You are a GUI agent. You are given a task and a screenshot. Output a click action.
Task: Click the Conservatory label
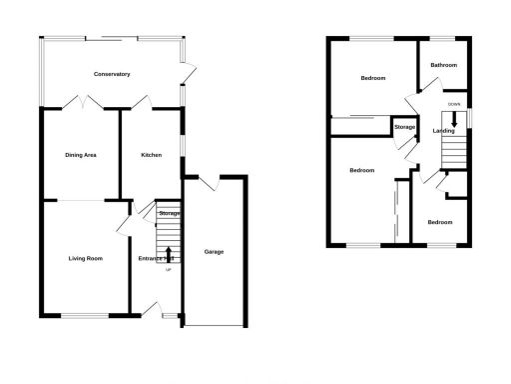pos(112,74)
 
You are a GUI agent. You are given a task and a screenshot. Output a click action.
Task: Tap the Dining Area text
pos(80,155)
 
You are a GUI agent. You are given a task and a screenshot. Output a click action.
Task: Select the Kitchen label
pos(151,155)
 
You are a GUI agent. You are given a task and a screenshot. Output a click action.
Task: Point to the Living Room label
pos(86,259)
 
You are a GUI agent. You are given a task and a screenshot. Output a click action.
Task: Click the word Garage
pos(214,251)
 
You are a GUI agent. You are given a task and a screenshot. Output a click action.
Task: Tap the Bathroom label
pos(443,65)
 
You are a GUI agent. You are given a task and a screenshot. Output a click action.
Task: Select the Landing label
pos(443,130)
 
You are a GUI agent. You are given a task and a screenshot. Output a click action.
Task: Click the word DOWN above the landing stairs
pos(454,103)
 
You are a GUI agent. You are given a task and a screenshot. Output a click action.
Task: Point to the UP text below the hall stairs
pos(168,271)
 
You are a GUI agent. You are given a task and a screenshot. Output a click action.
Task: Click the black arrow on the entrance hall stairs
pos(168,254)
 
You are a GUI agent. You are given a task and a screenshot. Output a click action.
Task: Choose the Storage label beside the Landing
pos(404,127)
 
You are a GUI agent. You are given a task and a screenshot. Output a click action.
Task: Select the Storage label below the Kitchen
pos(169,214)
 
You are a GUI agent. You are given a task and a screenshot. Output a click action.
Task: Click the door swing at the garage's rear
pos(208,183)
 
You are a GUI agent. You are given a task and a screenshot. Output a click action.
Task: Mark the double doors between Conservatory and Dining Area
pos(81,102)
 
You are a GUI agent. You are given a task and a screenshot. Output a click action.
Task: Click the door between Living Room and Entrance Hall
pos(124,226)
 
